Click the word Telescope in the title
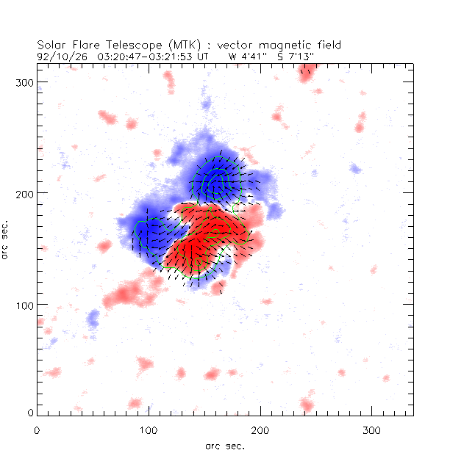[x=121, y=44]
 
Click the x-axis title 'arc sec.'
[x=225, y=446]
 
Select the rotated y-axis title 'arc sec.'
[x=7, y=239]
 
